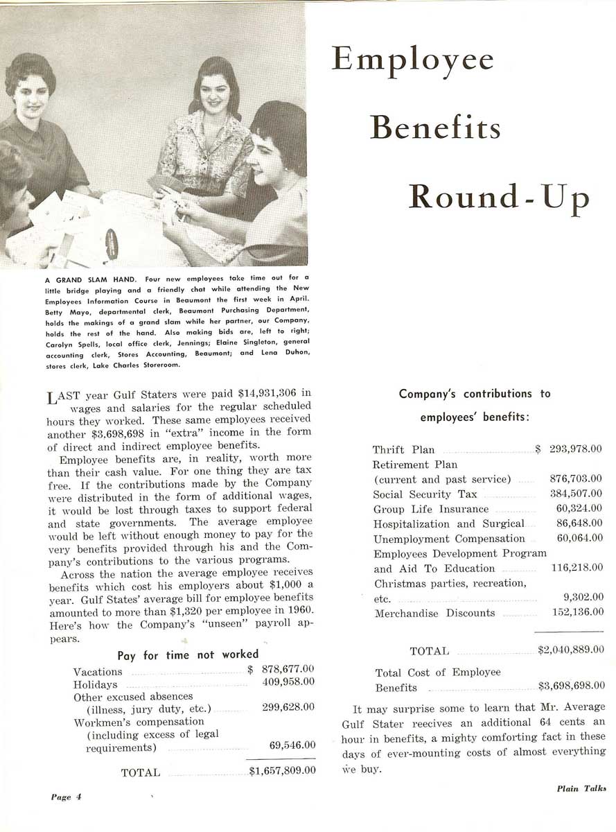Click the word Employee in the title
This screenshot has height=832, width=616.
413,61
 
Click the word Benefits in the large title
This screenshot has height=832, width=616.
436,129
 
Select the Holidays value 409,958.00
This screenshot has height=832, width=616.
289,682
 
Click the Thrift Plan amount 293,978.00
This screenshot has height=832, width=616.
576,449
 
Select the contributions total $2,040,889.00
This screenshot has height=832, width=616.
570,650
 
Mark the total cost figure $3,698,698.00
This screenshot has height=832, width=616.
570,687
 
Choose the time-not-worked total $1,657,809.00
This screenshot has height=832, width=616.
283,770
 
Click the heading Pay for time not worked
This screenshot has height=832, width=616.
188,655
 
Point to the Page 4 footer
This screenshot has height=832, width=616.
67,797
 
